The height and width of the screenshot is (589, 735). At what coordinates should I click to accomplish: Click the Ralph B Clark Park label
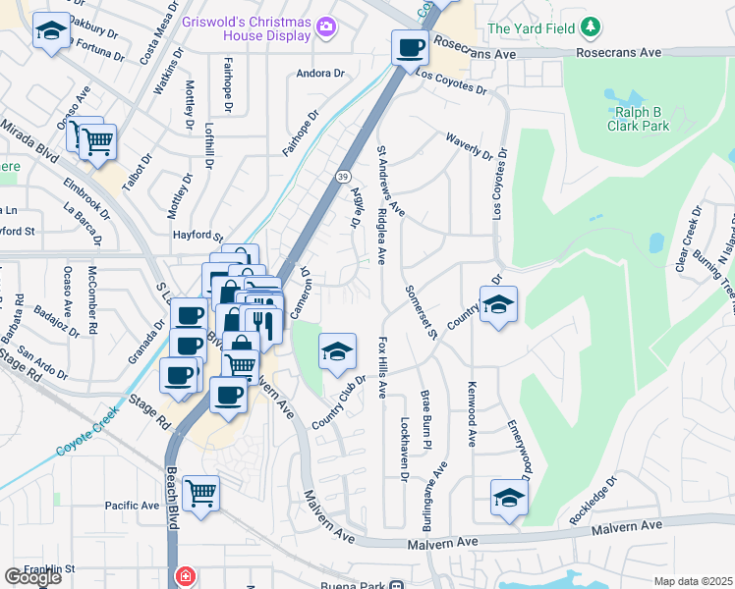coord(636,118)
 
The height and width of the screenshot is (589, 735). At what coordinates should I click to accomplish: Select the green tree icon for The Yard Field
coord(590,28)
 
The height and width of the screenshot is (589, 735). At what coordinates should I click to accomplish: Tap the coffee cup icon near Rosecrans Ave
coord(409,46)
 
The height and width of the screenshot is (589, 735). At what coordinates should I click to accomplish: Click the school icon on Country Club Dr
coord(336,351)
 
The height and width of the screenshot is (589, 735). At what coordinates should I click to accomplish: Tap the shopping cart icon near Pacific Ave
coord(200,492)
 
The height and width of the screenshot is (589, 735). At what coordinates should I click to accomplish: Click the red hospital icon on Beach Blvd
coord(184,576)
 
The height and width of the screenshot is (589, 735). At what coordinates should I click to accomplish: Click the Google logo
coord(32,576)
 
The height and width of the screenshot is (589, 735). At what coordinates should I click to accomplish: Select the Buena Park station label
coord(356,585)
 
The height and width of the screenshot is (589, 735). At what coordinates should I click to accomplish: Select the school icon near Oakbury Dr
coord(50,31)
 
